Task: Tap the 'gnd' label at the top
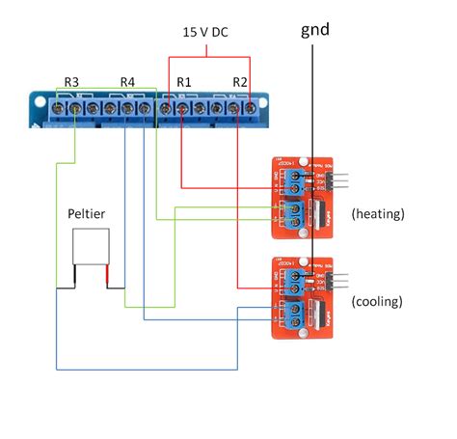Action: pos(314,30)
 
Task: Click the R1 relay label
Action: pos(183,83)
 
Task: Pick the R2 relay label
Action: pos(241,83)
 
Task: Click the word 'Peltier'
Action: pos(87,213)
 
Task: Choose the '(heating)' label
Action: pos(379,211)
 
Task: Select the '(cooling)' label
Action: pos(377,301)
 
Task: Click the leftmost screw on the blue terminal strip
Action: pos(60,110)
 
